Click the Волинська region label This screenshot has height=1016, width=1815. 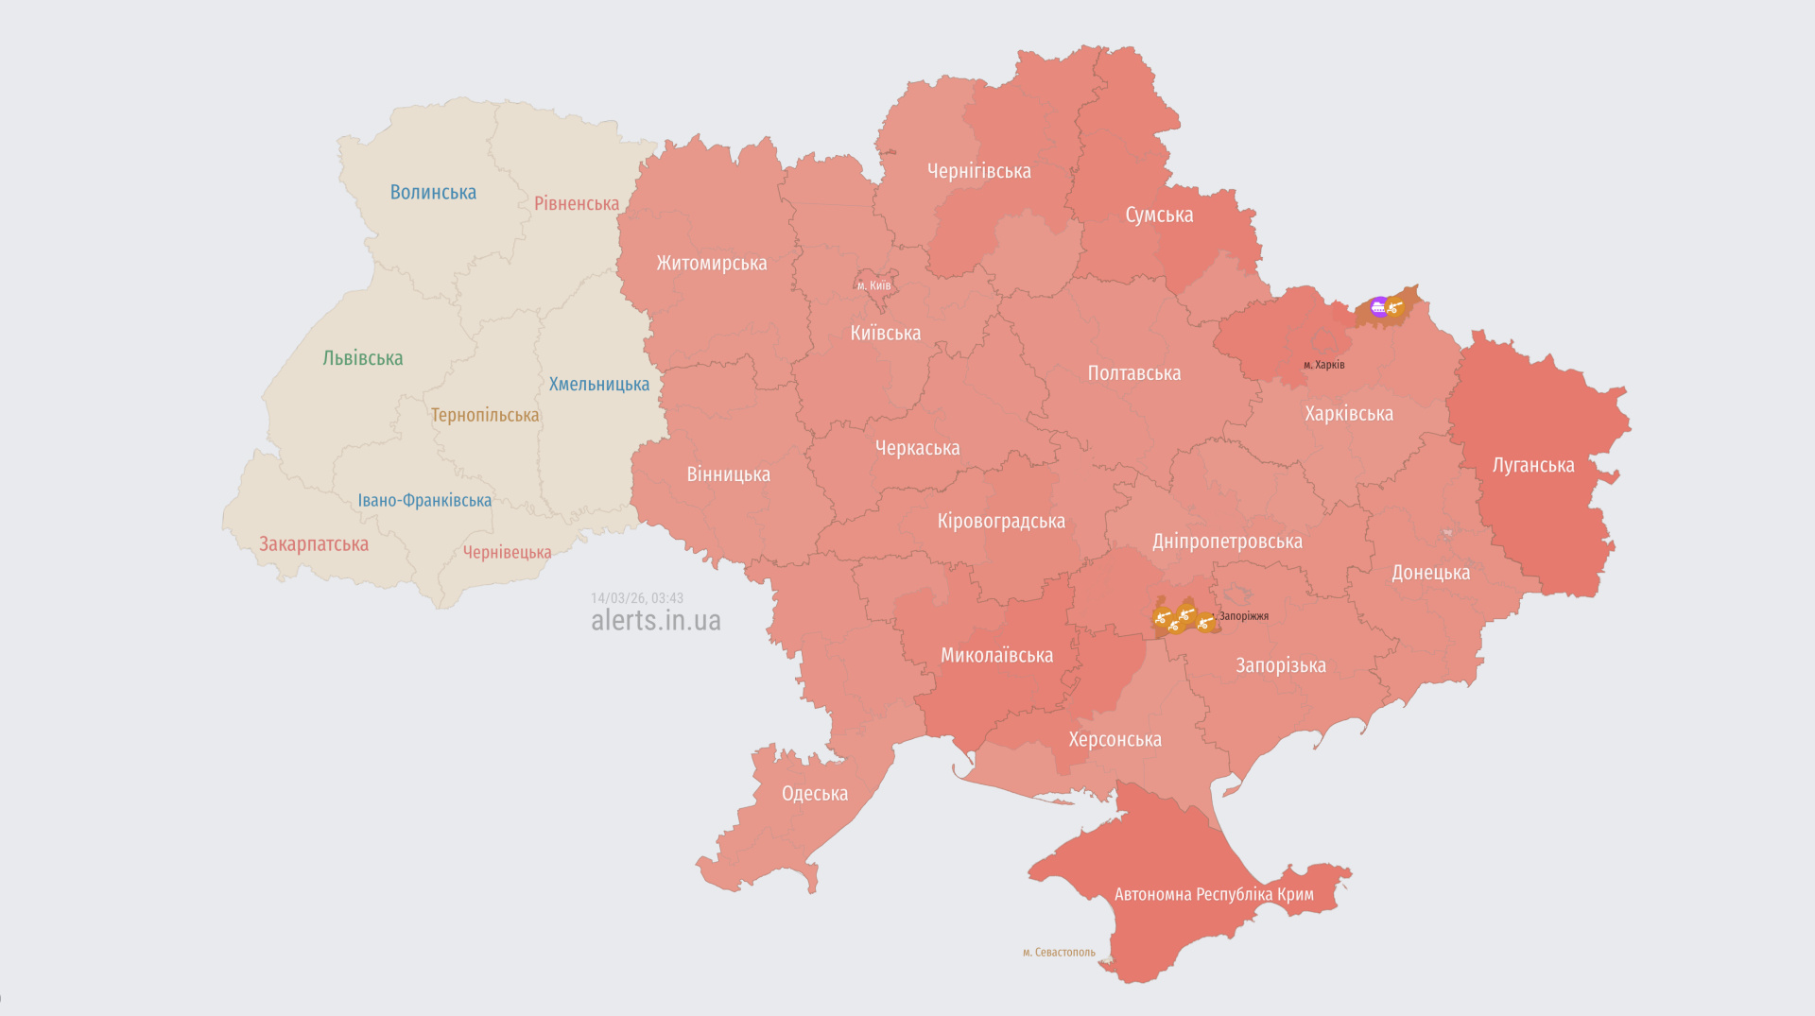pyautogui.click(x=433, y=193)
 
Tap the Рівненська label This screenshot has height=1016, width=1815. pyautogui.click(x=577, y=204)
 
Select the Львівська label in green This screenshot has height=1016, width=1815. pyautogui.click(x=363, y=358)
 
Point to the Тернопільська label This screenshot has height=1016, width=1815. pyautogui.click(x=485, y=415)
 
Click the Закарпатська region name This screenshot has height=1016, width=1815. pyautogui.click(x=314, y=544)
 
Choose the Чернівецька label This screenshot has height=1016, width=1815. pyautogui.click(x=507, y=553)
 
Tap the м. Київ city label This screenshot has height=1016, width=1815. pyautogui.click(x=874, y=285)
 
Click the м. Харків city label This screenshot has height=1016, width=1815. pyautogui.click(x=1323, y=365)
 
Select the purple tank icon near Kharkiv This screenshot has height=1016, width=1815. pyautogui.click(x=1378, y=306)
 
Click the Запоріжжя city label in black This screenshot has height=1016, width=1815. pyautogui.click(x=1243, y=616)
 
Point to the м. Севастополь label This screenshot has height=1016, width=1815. pyautogui.click(x=1059, y=953)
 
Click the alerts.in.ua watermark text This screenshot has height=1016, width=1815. pyautogui.click(x=655, y=621)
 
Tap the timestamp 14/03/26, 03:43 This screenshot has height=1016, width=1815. pyautogui.click(x=636, y=598)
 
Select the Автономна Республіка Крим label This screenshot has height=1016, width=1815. pyautogui.click(x=1214, y=895)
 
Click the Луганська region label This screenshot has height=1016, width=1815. pyautogui.click(x=1532, y=465)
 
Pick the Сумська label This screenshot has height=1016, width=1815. pyautogui.click(x=1159, y=215)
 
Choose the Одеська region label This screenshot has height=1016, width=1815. pyautogui.click(x=814, y=794)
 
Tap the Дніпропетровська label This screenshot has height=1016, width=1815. pyautogui.click(x=1227, y=542)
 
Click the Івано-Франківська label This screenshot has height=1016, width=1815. pyautogui.click(x=424, y=501)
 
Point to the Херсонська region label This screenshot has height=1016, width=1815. pyautogui.click(x=1115, y=740)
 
